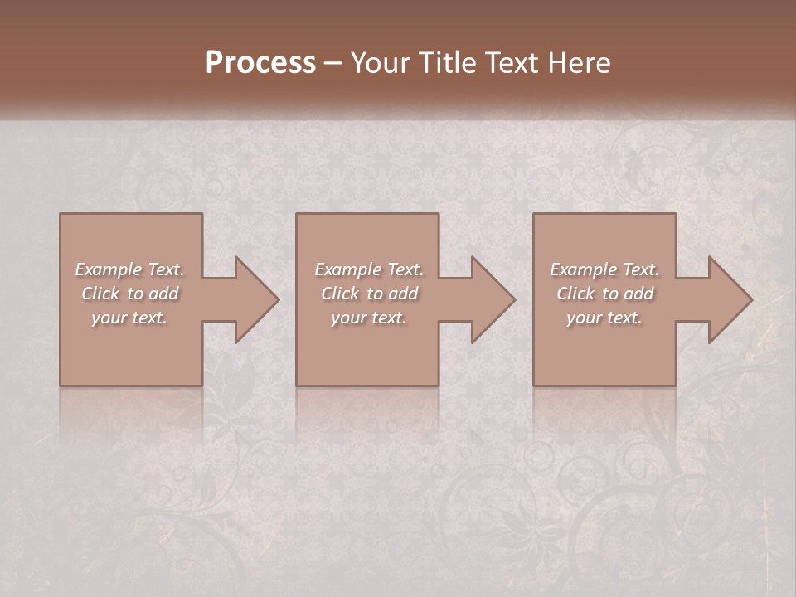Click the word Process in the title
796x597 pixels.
pyautogui.click(x=260, y=63)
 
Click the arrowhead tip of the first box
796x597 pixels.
pyautogui.click(x=278, y=299)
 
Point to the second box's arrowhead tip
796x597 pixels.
pyautogui.click(x=514, y=299)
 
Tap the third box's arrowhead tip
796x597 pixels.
pyautogui.click(x=751, y=299)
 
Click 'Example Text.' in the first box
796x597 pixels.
pyautogui.click(x=129, y=269)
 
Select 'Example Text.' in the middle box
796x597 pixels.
pyautogui.click(x=369, y=269)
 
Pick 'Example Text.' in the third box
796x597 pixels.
pyautogui.click(x=604, y=269)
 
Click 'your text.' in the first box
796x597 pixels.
pyautogui.click(x=129, y=318)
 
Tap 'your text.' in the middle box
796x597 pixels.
pyautogui.click(x=369, y=318)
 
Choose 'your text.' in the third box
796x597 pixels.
pyautogui.click(x=604, y=318)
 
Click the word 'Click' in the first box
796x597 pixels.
pyautogui.click(x=100, y=294)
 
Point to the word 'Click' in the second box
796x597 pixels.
pyautogui.click(x=340, y=294)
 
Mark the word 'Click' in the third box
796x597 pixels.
pyautogui.click(x=575, y=294)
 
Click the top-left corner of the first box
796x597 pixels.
pyautogui.click(x=61, y=215)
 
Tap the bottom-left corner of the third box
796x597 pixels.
pyautogui.click(x=534, y=385)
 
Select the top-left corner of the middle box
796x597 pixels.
pyautogui.click(x=297, y=215)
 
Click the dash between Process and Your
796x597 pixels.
pyautogui.click(x=333, y=64)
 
